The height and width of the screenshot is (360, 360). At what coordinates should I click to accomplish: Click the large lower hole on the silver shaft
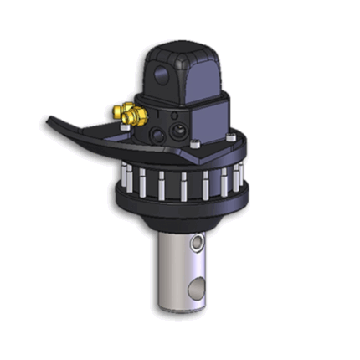pyautogui.click(x=197, y=289)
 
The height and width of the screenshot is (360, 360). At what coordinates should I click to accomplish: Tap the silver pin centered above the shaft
pyautogui.click(x=183, y=187)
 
